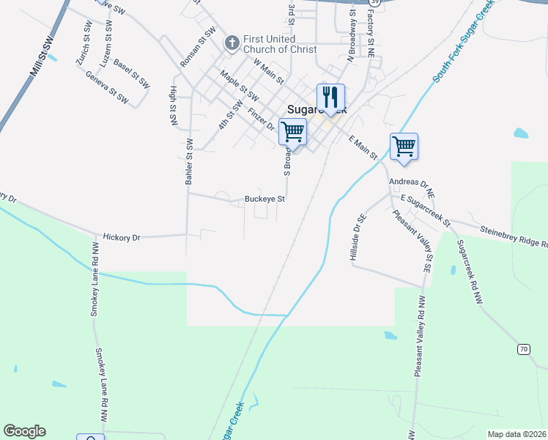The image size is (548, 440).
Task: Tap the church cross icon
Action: click(x=232, y=43)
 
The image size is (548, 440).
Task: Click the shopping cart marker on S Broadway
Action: click(x=292, y=132)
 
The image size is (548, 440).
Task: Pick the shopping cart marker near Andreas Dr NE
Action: click(x=404, y=146)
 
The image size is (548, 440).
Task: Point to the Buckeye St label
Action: click(x=264, y=199)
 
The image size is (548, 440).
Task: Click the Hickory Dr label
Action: click(x=122, y=238)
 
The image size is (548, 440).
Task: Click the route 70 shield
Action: click(x=523, y=349)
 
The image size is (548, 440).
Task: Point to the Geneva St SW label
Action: click(x=107, y=87)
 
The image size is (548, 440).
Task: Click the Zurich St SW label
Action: click(x=83, y=48)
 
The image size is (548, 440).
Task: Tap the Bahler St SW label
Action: click(x=189, y=161)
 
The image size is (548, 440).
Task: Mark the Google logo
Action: click(x=24, y=431)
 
